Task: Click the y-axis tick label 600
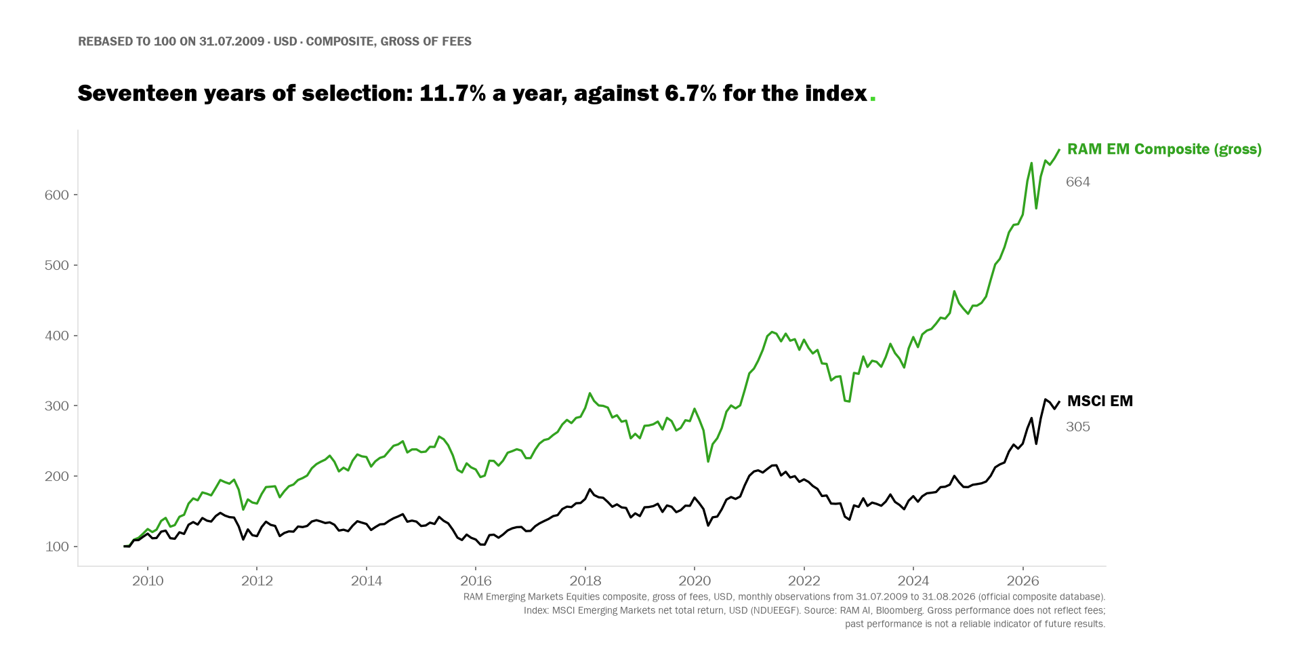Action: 57,195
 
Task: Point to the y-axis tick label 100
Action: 57,547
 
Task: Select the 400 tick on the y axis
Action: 57,336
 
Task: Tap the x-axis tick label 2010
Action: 148,581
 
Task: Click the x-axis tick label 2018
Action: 585,581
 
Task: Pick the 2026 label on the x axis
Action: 1023,581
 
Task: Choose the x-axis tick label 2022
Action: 804,581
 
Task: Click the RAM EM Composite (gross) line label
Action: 1164,150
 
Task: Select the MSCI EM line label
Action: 1100,401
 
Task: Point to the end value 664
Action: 1078,182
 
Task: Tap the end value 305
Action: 1078,427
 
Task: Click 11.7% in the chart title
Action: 453,94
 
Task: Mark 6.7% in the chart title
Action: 690,94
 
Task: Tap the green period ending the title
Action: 873,100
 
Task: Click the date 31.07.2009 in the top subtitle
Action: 232,41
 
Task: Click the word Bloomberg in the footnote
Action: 895,610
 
